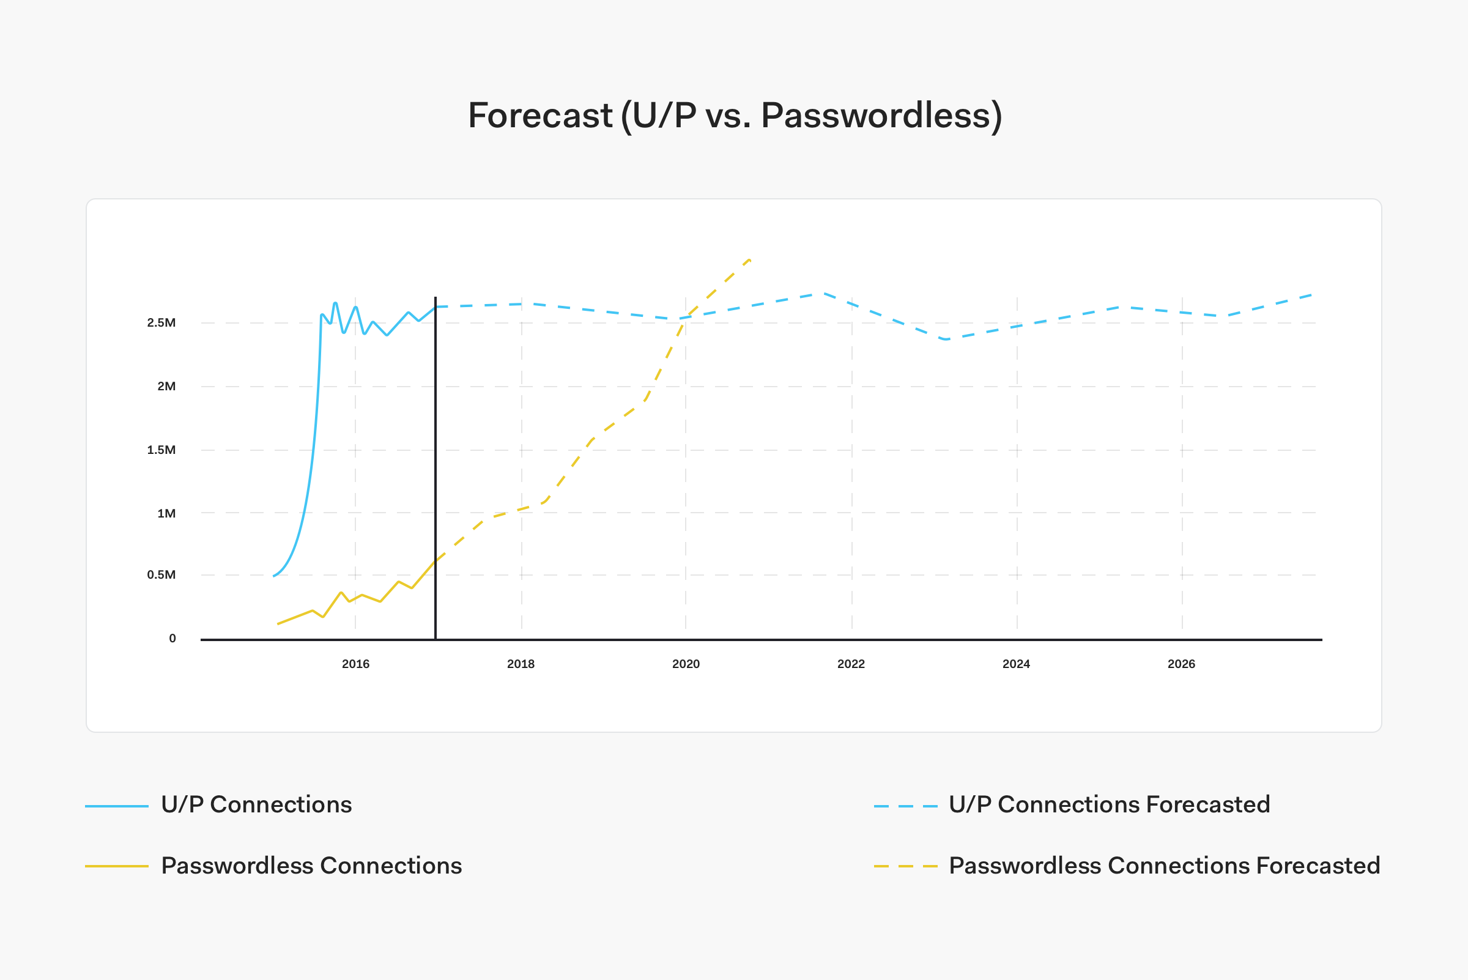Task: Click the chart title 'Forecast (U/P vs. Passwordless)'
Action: pyautogui.click(x=735, y=116)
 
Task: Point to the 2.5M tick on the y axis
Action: pyautogui.click(x=161, y=322)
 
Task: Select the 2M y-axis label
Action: pyautogui.click(x=166, y=386)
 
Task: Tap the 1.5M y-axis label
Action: pyautogui.click(x=161, y=450)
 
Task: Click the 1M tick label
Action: pyautogui.click(x=166, y=513)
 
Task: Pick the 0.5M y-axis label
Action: pyautogui.click(x=161, y=574)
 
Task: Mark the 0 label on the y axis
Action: pyautogui.click(x=172, y=638)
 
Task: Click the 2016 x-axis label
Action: pyautogui.click(x=355, y=664)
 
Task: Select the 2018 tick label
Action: pyautogui.click(x=521, y=664)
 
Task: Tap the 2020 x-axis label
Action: pyautogui.click(x=686, y=664)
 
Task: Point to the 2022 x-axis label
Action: pyautogui.click(x=851, y=664)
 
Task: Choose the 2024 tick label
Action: pyautogui.click(x=1016, y=664)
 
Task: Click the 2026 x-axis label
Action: pyautogui.click(x=1181, y=664)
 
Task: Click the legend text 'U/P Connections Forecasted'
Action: pyautogui.click(x=1110, y=804)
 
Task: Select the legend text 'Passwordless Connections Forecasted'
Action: pyautogui.click(x=1164, y=866)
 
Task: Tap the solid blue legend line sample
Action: pyautogui.click(x=117, y=806)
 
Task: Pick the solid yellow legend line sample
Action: pyautogui.click(x=117, y=866)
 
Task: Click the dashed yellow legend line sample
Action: pyautogui.click(x=905, y=866)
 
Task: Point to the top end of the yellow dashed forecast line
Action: pyautogui.click(x=749, y=259)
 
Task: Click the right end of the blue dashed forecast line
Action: pyautogui.click(x=1311, y=295)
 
